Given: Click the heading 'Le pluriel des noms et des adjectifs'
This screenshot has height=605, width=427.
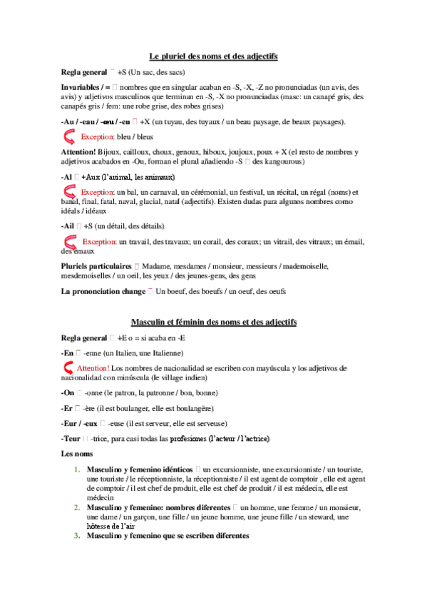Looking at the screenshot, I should [213, 56].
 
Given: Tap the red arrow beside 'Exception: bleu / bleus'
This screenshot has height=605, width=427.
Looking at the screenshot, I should [70, 137].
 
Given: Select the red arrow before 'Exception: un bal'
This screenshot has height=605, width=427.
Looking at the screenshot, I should [70, 192].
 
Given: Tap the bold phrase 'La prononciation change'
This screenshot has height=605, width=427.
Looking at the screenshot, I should [103, 291].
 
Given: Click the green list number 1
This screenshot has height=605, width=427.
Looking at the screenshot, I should [76, 470].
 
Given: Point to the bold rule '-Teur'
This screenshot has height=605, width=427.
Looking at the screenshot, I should [71, 437].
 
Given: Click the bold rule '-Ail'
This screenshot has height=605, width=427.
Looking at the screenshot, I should [68, 226].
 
